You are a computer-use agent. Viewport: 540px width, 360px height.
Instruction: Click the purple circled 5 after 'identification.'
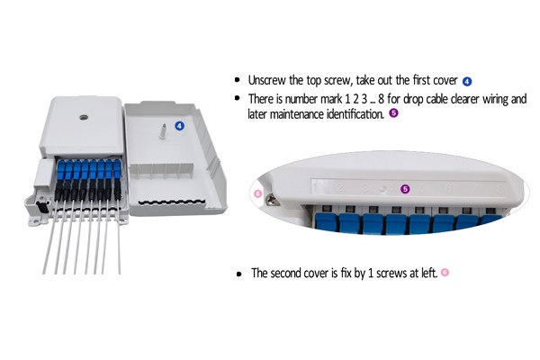[393, 114]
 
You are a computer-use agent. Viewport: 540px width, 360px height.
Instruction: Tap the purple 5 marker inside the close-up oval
[404, 189]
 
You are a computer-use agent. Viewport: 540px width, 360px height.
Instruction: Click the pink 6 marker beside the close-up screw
[257, 193]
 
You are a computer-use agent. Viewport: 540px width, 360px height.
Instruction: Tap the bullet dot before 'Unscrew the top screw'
[237, 81]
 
